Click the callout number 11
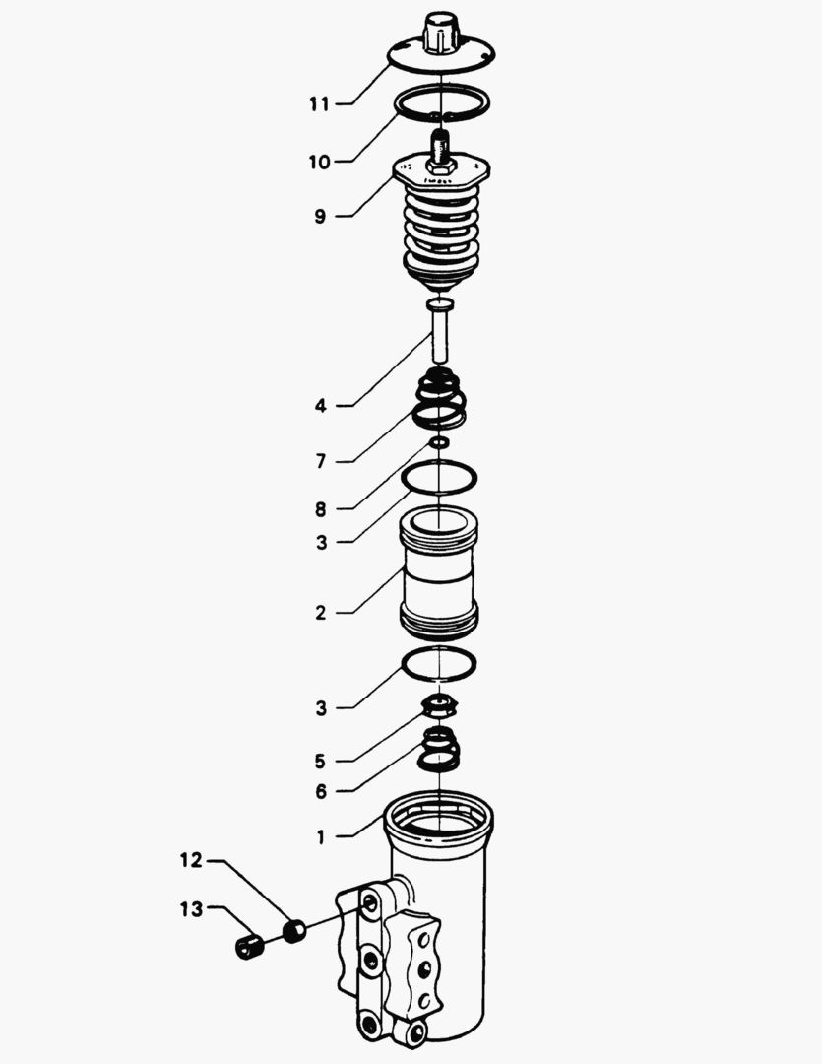pos(319,103)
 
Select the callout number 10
pos(319,163)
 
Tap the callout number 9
pos(320,217)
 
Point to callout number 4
pos(321,406)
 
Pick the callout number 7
pos(321,461)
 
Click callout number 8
pos(321,509)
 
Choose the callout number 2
pos(321,613)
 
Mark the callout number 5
pos(320,762)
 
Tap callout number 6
pos(321,792)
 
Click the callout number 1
pos(321,837)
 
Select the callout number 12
pos(191,860)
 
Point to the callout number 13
pos(191,908)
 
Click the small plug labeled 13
pos(249,946)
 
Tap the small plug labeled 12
pos(294,930)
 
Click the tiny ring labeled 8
pos(439,443)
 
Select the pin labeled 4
pos(440,330)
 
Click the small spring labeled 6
pos(439,749)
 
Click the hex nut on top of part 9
pos(441,166)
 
